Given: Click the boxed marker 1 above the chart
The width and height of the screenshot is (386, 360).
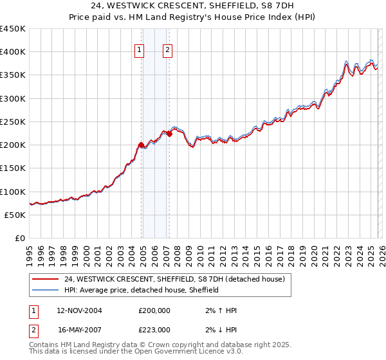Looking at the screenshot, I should pyautogui.click(x=139, y=51).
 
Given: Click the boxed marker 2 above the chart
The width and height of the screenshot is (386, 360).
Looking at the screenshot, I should pyautogui.click(x=167, y=51).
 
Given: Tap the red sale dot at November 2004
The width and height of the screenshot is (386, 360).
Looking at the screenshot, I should pyautogui.click(x=141, y=145).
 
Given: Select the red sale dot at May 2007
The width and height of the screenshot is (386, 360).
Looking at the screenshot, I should pyautogui.click(x=169, y=134).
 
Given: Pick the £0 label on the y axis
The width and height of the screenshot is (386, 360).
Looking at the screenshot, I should pyautogui.click(x=20, y=239).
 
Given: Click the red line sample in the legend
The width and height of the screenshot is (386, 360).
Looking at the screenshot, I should pyautogui.click(x=46, y=279).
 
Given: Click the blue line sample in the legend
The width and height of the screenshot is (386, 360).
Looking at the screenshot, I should pyautogui.click(x=46, y=290).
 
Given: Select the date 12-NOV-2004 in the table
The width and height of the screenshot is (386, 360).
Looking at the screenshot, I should pyautogui.click(x=79, y=310).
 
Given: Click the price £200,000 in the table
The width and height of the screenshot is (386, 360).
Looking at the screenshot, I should pyautogui.click(x=154, y=310).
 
